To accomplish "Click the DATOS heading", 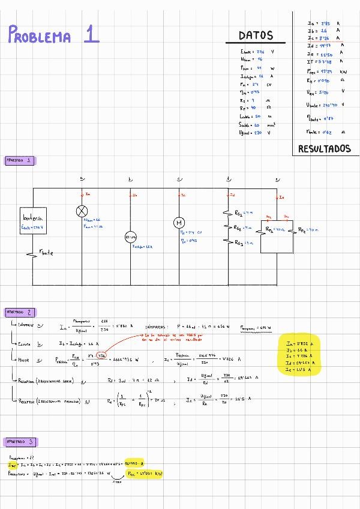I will [256, 35].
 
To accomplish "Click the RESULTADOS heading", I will [324, 148].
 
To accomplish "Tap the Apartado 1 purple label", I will [20, 160].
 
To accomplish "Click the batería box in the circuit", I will [33, 221].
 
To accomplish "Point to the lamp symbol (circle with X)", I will [82, 211].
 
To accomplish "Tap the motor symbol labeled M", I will [179, 223].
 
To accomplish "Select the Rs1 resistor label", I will [239, 212].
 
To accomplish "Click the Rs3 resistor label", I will [239, 242].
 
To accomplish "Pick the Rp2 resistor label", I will [305, 229].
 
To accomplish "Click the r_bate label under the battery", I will [46, 253].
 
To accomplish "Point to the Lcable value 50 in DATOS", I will [257, 116].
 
